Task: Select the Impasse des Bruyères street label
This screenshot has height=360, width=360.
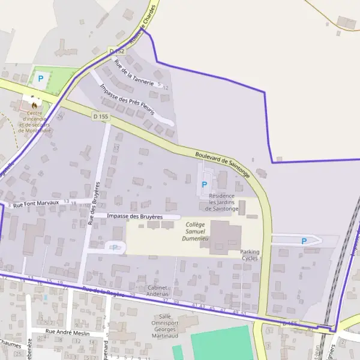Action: click(135, 216)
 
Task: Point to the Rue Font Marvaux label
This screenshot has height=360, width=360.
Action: click(36, 203)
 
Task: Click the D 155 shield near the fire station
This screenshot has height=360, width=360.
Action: click(100, 116)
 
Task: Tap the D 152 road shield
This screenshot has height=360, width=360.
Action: click(116, 52)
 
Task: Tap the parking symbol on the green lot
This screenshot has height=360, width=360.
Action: click(41, 78)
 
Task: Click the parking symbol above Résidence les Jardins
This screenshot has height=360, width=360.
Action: click(205, 184)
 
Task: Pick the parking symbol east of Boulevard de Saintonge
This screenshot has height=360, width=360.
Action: click(304, 241)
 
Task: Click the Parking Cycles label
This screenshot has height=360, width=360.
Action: click(250, 255)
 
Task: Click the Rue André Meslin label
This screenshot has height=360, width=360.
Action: click(68, 333)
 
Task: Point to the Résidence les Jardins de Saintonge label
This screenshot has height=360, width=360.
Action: click(223, 202)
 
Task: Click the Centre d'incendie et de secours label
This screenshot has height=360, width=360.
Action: click(35, 122)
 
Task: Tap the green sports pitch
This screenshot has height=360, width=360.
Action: click(222, 343)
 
